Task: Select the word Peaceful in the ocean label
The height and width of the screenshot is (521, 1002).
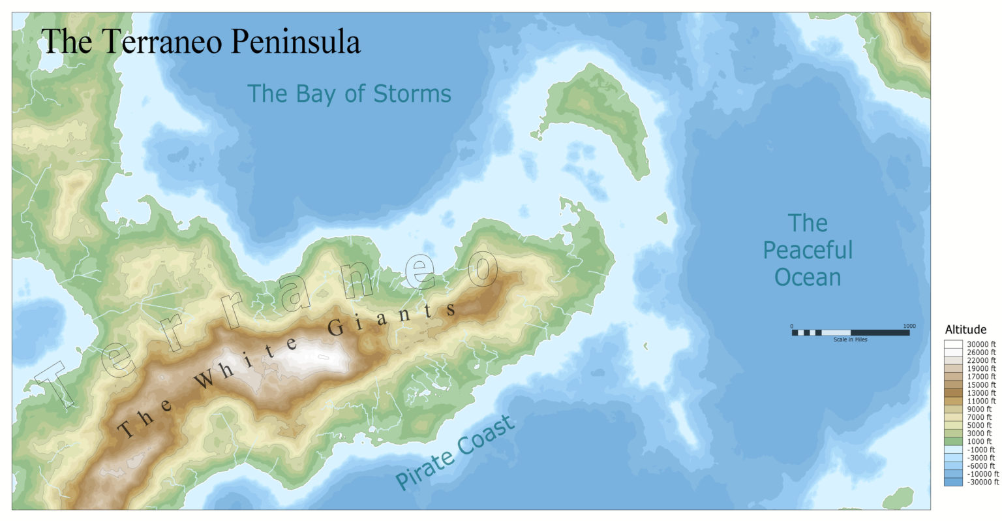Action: [808, 250]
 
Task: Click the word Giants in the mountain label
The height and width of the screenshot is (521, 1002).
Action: [391, 316]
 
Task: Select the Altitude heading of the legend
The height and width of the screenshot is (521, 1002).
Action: [965, 330]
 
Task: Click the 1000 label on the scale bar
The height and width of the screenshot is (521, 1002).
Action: [909, 326]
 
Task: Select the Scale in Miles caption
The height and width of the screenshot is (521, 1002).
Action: [850, 339]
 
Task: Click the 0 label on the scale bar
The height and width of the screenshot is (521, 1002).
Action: [792, 326]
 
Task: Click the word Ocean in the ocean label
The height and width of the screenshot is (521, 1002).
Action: [808, 277]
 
